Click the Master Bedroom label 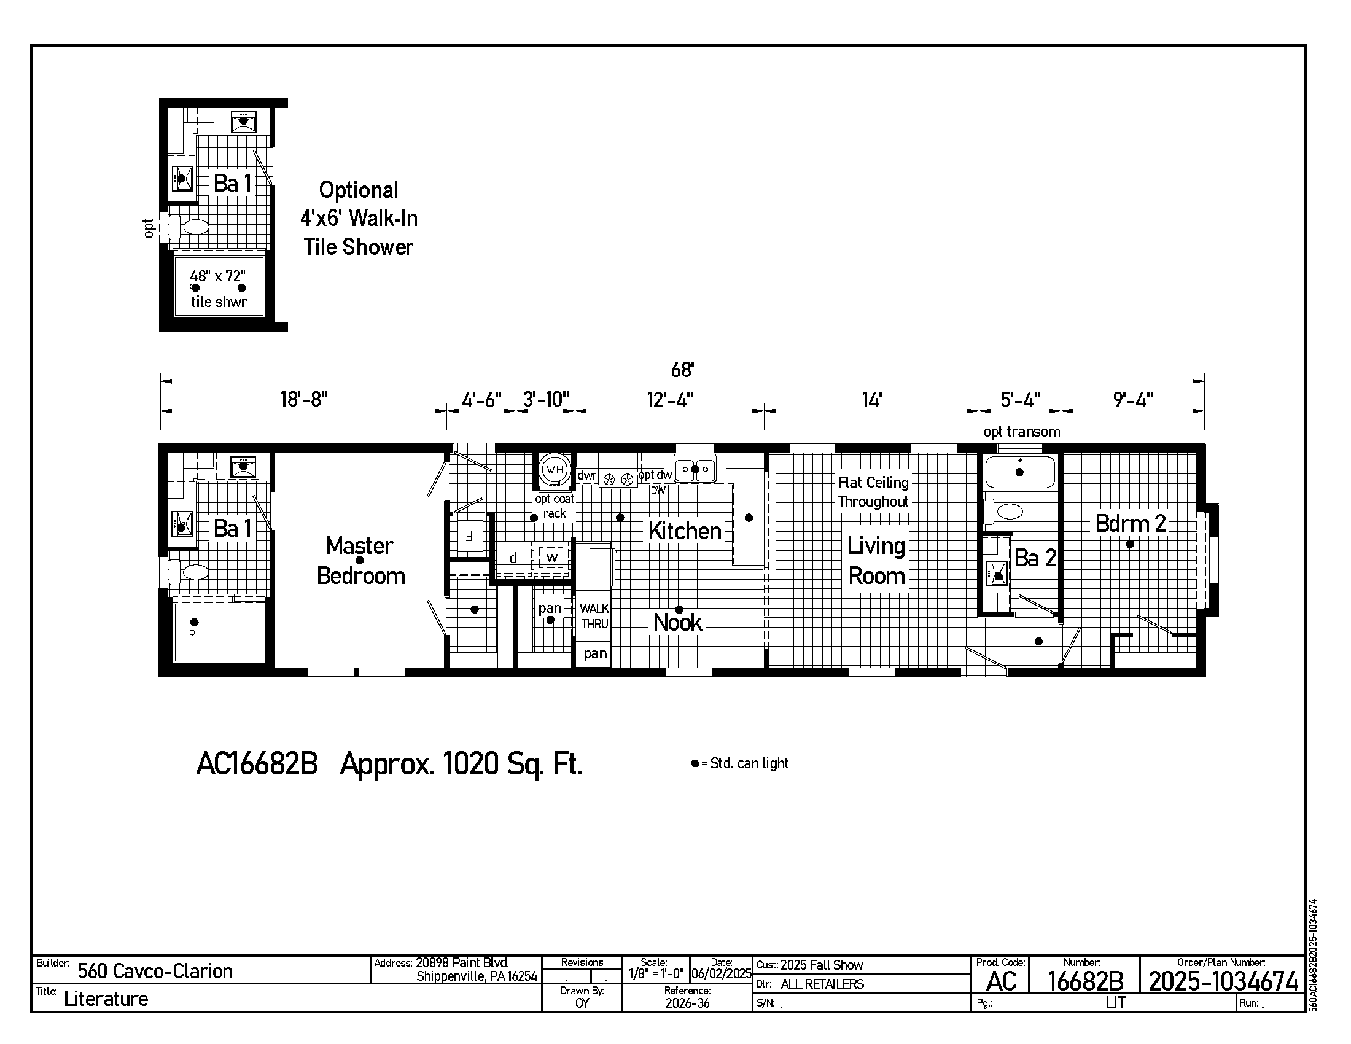[360, 561]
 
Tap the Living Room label [876, 561]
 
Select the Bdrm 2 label [1130, 524]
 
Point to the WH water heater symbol [555, 469]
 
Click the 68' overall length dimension [682, 370]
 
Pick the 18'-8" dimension [304, 400]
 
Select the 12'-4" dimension [670, 400]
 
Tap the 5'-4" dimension [1021, 400]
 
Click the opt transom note [1022, 432]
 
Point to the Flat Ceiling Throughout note [873, 492]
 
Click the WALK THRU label [594, 616]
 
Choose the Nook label [678, 622]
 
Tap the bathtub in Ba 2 [1020, 472]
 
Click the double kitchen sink [695, 469]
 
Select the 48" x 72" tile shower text [219, 289]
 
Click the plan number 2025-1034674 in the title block [1223, 981]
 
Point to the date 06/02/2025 [722, 974]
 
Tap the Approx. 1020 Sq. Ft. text [461, 765]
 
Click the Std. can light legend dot [695, 763]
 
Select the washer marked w [552, 556]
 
